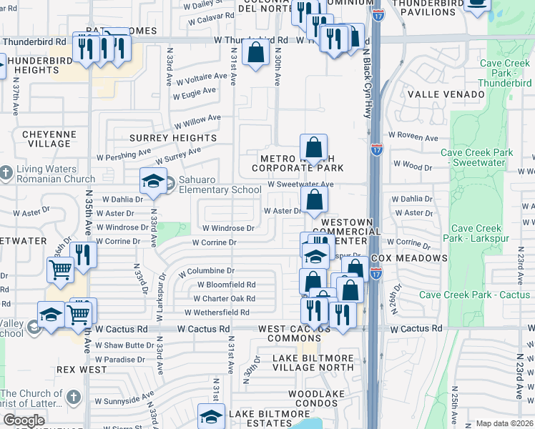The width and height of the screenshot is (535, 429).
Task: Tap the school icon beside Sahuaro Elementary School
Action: pos(153,182)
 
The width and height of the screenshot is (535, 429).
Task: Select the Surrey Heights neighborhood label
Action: pos(173,138)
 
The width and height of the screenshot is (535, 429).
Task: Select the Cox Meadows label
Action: pos(418,258)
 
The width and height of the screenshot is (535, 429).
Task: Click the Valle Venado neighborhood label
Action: pos(436,94)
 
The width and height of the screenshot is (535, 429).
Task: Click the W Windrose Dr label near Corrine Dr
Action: pos(228,228)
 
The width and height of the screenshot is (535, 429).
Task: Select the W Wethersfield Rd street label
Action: pos(217,312)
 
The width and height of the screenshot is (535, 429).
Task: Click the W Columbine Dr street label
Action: pos(207,272)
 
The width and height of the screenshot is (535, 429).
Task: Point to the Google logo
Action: pos(24,421)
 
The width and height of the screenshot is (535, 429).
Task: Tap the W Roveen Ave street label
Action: pos(413,137)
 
